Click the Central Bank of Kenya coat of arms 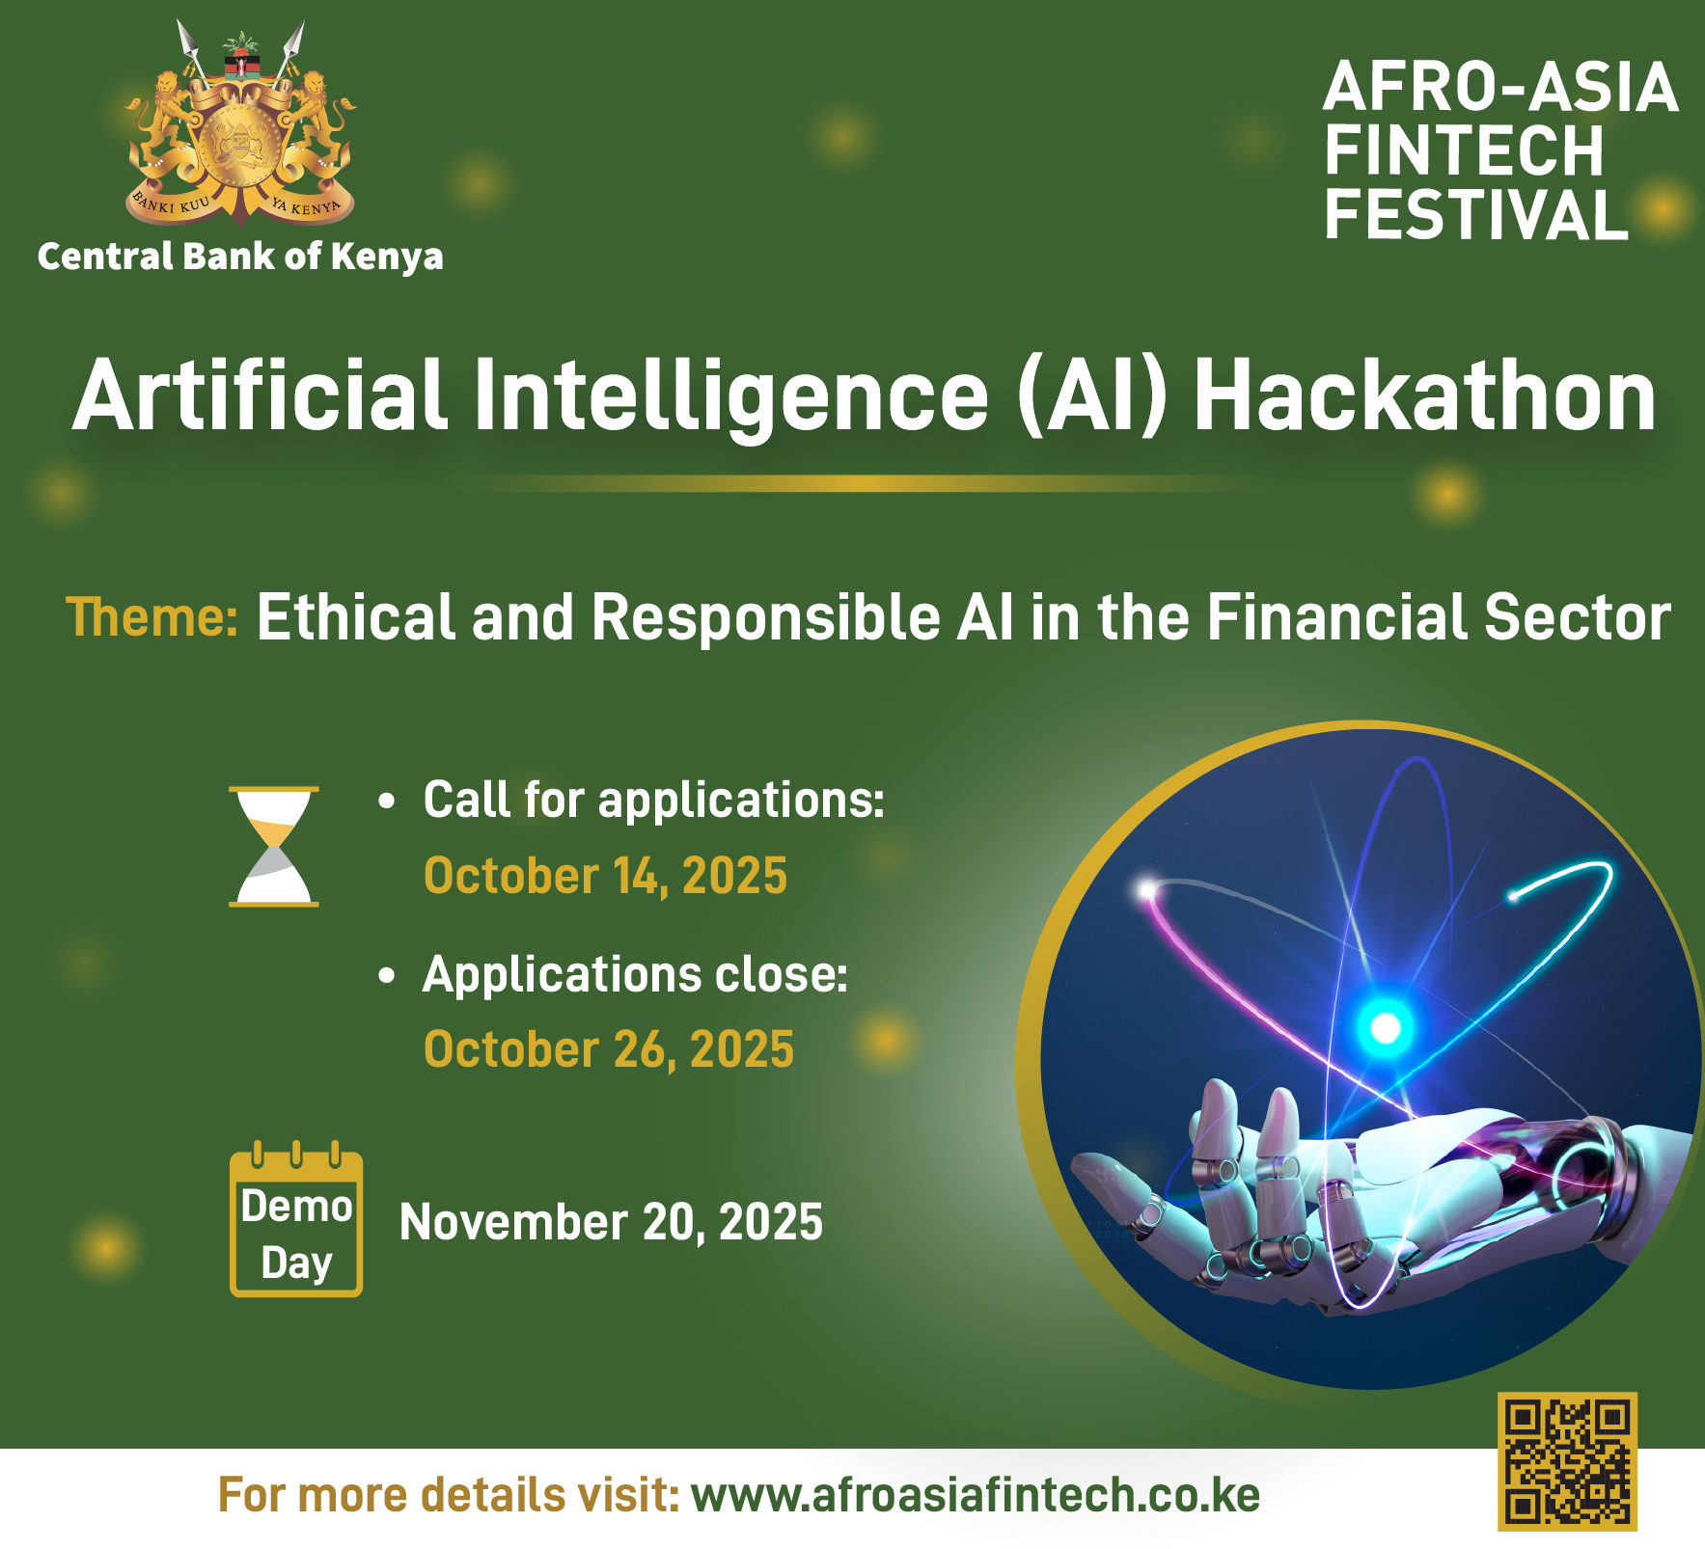(x=240, y=124)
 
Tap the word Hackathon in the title (x=1425, y=396)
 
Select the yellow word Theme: (x=151, y=617)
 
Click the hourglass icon (x=274, y=847)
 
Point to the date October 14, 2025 (x=606, y=876)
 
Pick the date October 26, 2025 (x=609, y=1049)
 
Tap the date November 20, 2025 (x=611, y=1222)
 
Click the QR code (x=1567, y=1461)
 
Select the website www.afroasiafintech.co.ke (x=976, y=1495)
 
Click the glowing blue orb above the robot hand (x=1386, y=1028)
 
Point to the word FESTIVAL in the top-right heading (x=1476, y=214)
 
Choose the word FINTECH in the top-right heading (x=1464, y=150)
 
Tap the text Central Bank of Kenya (x=240, y=257)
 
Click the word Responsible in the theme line (x=766, y=617)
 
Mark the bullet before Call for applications (x=387, y=802)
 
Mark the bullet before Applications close (x=387, y=976)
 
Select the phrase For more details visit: (x=449, y=1495)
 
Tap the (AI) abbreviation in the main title (x=1092, y=396)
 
